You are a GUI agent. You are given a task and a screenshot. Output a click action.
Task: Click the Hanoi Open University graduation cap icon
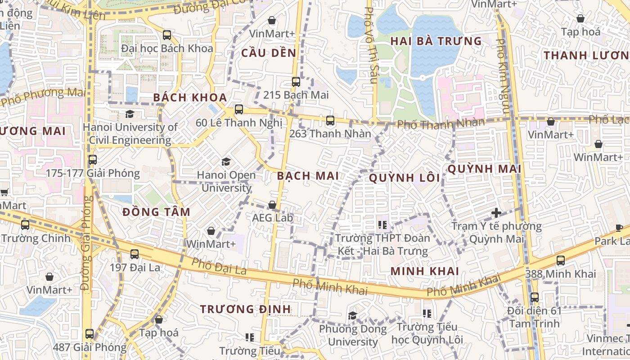(x=226, y=162)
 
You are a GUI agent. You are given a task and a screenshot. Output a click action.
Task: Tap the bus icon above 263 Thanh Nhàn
(x=330, y=121)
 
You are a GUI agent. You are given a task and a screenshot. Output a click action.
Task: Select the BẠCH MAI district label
(x=308, y=176)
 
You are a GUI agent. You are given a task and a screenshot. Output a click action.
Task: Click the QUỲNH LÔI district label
(x=405, y=178)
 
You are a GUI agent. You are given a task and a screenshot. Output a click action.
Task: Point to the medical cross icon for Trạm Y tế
(x=496, y=212)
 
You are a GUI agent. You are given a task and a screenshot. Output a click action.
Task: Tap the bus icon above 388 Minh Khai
(x=561, y=260)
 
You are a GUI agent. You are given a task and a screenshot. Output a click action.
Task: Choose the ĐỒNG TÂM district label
(x=156, y=212)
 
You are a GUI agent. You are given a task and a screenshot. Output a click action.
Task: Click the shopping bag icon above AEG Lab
(x=272, y=205)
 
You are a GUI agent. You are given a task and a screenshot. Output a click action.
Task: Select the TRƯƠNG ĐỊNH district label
(x=245, y=309)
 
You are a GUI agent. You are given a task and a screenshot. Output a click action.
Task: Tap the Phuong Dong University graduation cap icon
(x=353, y=315)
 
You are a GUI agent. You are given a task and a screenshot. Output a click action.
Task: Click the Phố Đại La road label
(x=219, y=266)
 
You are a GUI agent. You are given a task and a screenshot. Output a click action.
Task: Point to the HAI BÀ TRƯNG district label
(x=436, y=41)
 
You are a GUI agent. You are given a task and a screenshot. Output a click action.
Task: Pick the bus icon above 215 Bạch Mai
(x=296, y=82)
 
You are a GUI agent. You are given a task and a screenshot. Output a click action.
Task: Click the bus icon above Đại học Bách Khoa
(x=167, y=35)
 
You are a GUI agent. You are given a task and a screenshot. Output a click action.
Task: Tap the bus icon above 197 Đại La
(x=135, y=254)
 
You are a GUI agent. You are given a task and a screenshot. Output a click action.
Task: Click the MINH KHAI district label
(x=425, y=271)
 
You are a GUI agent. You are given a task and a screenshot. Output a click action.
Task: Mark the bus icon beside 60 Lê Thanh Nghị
(x=239, y=109)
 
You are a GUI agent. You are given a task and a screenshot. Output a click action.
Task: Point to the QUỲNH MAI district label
(x=484, y=169)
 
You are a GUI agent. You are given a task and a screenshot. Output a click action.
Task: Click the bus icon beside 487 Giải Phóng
(x=90, y=334)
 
